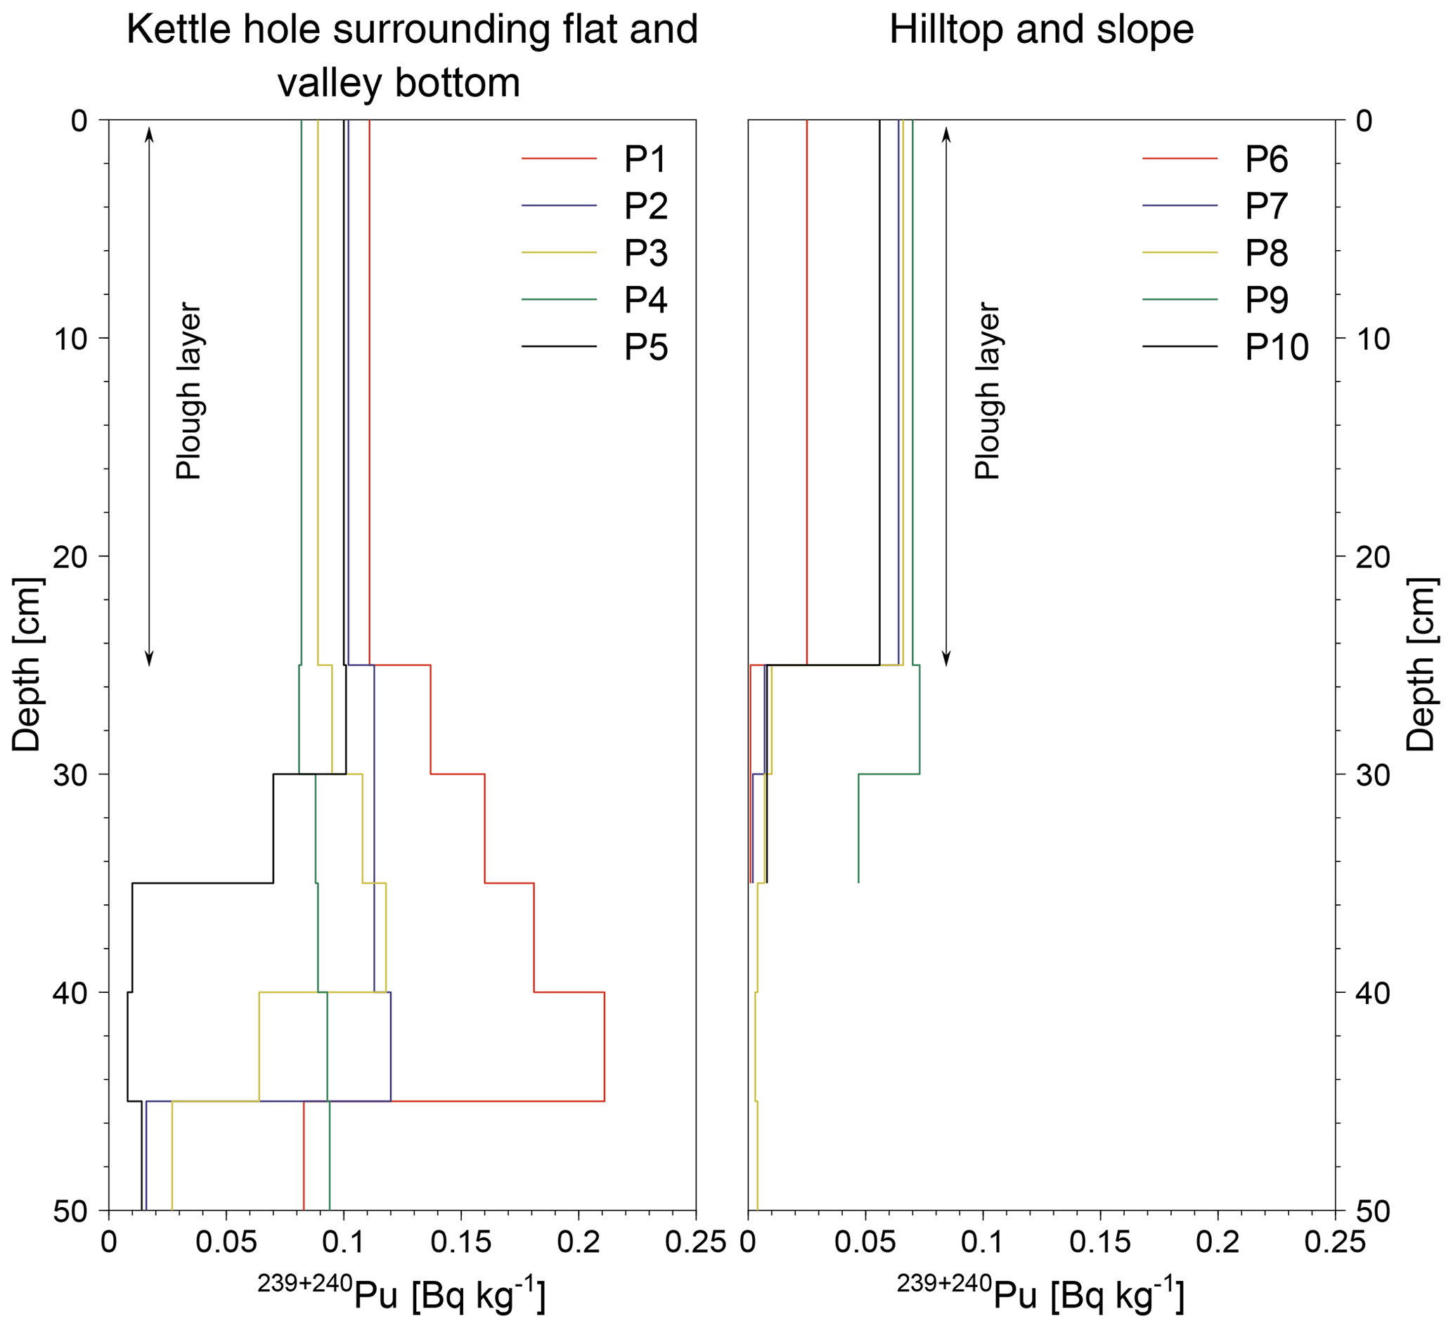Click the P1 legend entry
[x=645, y=160]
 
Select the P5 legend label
[x=645, y=347]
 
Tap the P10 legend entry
[x=1277, y=347]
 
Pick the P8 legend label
[x=1266, y=253]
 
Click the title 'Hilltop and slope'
[x=1042, y=30]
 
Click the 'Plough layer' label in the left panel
[x=189, y=391]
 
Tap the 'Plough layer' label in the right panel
[x=988, y=391]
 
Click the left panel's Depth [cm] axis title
[x=27, y=663]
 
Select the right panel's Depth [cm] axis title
[x=1421, y=663]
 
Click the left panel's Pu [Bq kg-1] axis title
[x=402, y=1294]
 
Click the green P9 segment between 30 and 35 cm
[x=858, y=828]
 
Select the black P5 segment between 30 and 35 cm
[x=273, y=828]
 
